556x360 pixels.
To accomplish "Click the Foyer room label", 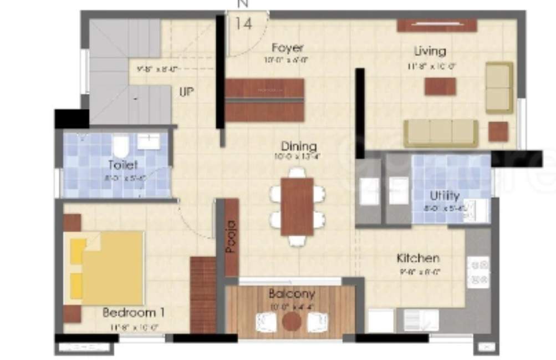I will (288, 48).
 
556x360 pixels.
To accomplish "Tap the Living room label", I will (430, 52).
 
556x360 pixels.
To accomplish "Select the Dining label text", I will (299, 147).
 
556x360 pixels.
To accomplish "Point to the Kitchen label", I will (418, 258).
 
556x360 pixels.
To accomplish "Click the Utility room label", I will (445, 196).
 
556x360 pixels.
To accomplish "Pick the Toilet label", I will (123, 165).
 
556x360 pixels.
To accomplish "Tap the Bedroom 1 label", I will (133, 313).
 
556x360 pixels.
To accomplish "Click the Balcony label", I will (292, 293).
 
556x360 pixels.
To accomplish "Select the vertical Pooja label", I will (231, 237).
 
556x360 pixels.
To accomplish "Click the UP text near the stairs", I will (186, 92).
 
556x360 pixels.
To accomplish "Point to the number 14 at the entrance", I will (243, 24).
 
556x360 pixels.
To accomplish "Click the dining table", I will (297, 206).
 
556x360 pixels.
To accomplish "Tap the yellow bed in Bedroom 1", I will (108, 268).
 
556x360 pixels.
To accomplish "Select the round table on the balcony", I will (291, 321).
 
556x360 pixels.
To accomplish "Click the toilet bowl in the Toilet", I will (121, 146).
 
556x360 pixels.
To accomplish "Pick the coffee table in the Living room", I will (440, 86).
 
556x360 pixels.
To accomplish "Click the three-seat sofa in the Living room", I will (441, 133).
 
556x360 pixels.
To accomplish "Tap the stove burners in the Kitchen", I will (478, 272).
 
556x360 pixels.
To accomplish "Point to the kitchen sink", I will (420, 320).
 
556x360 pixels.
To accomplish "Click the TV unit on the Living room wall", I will (437, 25).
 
